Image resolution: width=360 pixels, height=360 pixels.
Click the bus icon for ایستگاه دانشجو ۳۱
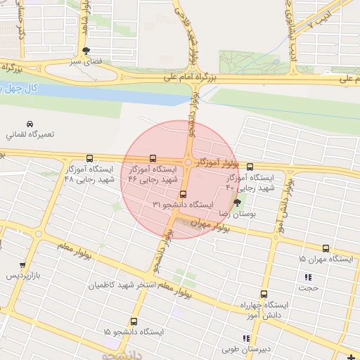point(184,193)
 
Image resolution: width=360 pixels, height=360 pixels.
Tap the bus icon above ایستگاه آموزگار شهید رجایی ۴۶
point(153,159)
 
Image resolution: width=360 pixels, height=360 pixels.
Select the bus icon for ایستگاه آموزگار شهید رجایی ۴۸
point(89,159)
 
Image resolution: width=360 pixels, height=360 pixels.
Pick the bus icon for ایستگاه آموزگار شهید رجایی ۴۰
point(250,167)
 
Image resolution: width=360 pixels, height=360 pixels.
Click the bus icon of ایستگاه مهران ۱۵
point(326,249)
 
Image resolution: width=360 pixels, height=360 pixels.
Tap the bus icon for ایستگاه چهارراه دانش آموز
point(264,295)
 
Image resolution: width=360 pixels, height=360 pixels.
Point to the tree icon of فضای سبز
point(86,51)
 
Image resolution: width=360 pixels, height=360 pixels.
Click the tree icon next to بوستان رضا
point(246,202)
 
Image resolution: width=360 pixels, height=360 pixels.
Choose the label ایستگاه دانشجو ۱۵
point(134,330)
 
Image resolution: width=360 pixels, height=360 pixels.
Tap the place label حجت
point(309,287)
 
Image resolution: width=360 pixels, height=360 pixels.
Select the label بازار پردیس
point(21,275)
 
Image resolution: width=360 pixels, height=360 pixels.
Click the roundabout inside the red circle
point(188,162)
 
